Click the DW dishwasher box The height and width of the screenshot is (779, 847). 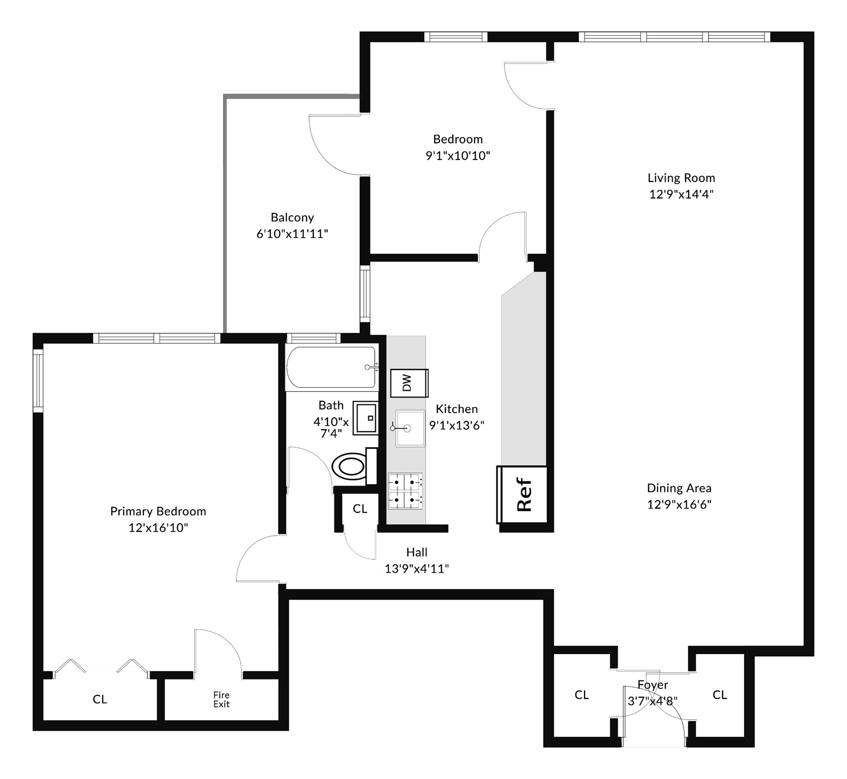(409, 383)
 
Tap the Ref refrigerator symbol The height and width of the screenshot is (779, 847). (522, 494)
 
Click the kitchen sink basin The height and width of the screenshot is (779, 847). (410, 428)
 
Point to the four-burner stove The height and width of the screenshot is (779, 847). (405, 491)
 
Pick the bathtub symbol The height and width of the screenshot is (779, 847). (331, 367)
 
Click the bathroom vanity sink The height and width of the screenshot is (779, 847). (365, 418)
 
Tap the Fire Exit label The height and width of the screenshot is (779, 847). (221, 699)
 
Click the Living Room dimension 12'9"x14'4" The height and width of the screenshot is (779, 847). (681, 194)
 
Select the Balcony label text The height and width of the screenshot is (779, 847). (292, 218)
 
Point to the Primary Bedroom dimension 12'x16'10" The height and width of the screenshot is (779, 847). (158, 528)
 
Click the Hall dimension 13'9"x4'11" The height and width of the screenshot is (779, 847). (416, 569)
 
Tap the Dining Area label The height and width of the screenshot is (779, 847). (679, 488)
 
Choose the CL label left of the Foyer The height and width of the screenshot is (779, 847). (581, 695)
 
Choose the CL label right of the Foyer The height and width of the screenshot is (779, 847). (720, 695)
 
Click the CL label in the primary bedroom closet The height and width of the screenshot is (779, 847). (100, 699)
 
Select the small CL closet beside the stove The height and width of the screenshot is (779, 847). (360, 508)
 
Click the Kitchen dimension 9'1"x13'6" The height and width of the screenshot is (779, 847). (457, 425)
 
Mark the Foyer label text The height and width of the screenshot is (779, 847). (653, 685)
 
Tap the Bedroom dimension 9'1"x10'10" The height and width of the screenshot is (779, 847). (457, 156)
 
